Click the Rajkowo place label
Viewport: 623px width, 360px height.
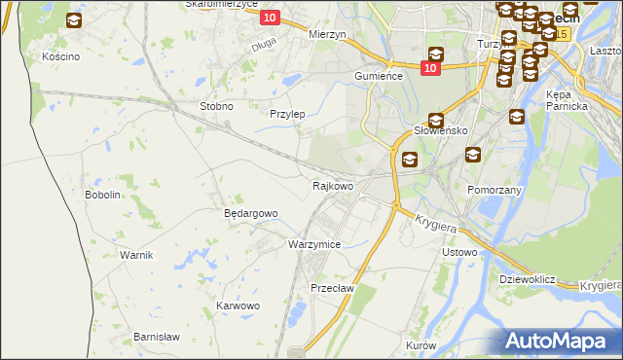[x=333, y=185]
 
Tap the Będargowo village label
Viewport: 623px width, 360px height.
[x=251, y=213]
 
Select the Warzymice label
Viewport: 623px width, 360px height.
[x=314, y=244]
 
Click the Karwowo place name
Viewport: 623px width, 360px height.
[x=238, y=306]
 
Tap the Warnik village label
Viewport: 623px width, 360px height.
[x=136, y=255]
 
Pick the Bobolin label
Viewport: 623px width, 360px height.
[x=102, y=195]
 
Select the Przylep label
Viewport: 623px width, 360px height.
[x=287, y=114]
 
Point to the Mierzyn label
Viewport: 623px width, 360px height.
[x=327, y=34]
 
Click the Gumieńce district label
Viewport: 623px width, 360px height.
[x=379, y=76]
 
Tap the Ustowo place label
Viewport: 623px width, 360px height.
[x=459, y=252]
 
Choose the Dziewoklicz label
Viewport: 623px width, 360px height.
[x=527, y=279]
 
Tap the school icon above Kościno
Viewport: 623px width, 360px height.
[x=74, y=20]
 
